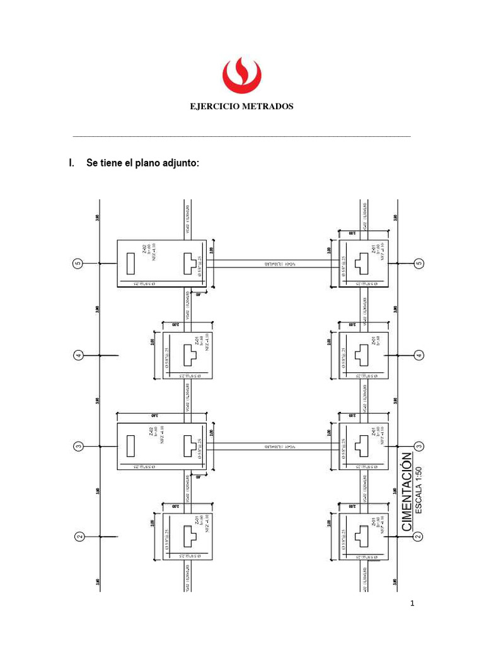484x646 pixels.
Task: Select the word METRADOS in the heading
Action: [270, 107]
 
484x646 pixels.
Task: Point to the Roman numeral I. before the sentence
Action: [71, 163]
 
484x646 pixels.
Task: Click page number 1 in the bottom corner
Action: [412, 604]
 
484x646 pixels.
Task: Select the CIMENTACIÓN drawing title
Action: [406, 491]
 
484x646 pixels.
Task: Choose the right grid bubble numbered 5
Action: [419, 264]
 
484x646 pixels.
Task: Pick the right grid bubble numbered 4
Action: [419, 356]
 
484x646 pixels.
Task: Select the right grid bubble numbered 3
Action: [419, 446]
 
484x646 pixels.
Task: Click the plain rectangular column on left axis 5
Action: [131, 264]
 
